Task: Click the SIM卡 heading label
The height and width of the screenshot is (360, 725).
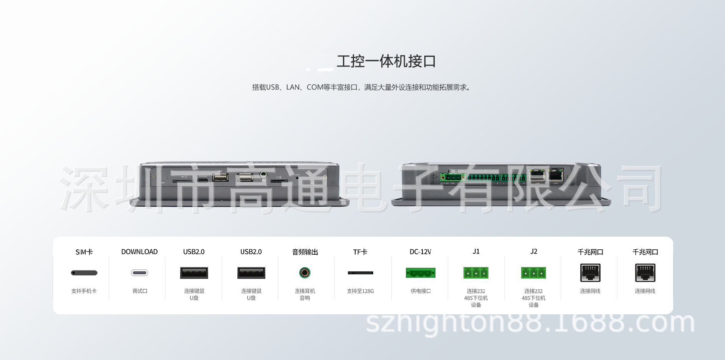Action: [84, 252]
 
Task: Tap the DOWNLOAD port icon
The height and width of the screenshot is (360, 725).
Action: [139, 273]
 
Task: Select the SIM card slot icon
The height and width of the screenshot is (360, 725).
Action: [84, 273]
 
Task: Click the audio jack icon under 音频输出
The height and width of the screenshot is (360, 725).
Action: [305, 273]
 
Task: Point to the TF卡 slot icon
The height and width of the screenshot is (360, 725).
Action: [360, 273]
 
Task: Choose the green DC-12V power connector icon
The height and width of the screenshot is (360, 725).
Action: [420, 273]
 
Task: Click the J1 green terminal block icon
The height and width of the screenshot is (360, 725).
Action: [476, 273]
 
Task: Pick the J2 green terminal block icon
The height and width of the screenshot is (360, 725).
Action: [533, 273]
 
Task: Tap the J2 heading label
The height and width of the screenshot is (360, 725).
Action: [533, 252]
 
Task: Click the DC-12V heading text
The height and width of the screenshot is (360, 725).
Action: [420, 252]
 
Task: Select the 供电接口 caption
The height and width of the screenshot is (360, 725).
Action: [420, 291]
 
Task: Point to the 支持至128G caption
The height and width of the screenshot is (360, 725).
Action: [360, 291]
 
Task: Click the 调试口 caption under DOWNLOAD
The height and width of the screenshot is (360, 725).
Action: [140, 291]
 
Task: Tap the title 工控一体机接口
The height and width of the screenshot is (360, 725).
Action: [386, 61]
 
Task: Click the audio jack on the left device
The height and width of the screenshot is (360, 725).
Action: [263, 174]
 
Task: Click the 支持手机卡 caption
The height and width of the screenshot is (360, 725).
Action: [84, 291]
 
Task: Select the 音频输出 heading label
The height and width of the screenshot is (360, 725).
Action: [305, 252]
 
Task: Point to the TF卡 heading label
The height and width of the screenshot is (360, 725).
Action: [360, 252]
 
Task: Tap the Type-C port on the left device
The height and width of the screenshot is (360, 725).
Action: [202, 179]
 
